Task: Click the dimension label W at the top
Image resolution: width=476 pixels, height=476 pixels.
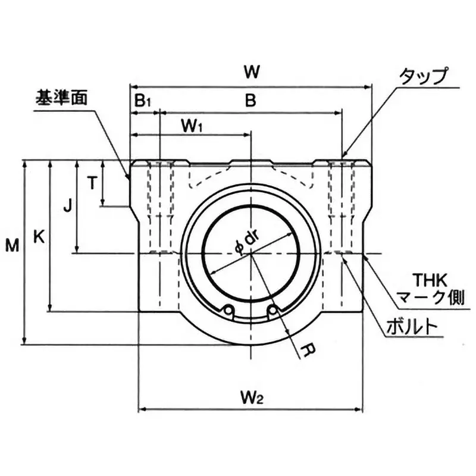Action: (252, 72)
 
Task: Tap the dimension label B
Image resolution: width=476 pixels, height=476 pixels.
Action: (251, 101)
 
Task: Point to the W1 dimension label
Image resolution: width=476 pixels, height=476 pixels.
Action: (192, 126)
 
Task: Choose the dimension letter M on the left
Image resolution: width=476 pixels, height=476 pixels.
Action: (11, 244)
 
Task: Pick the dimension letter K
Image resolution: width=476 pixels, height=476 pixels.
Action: (39, 237)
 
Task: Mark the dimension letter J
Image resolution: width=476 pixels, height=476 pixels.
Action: (68, 206)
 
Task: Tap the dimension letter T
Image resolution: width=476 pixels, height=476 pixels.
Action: (92, 183)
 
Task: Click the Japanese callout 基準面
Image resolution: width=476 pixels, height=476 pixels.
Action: (61, 97)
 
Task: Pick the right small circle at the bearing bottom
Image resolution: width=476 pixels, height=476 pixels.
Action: (273, 309)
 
